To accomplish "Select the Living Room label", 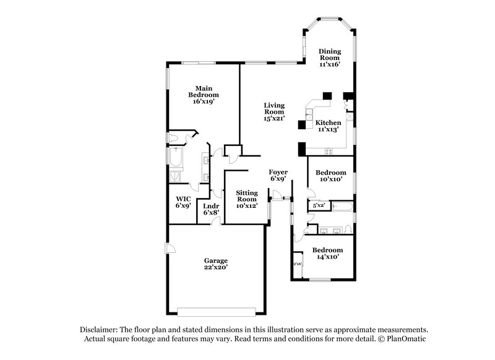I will [273, 109].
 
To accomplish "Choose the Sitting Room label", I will [246, 197].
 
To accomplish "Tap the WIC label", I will [183, 199].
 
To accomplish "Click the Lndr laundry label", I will [211, 205].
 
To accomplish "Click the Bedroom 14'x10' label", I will [328, 250].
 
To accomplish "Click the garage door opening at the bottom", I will [215, 309].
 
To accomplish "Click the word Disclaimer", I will [99, 330].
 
